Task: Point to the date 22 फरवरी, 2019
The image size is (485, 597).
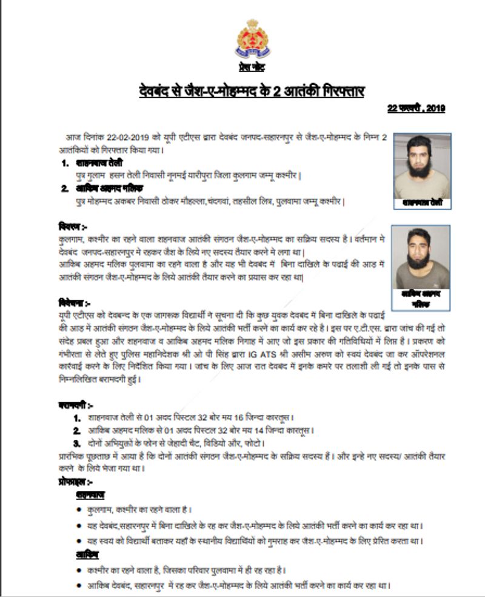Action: [x=416, y=109]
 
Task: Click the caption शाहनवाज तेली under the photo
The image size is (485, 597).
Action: [x=422, y=204]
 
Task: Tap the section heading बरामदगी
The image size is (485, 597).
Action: [x=76, y=405]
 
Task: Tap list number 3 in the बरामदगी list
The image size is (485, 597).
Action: [x=76, y=442]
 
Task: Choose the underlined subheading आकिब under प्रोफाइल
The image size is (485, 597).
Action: [x=87, y=555]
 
